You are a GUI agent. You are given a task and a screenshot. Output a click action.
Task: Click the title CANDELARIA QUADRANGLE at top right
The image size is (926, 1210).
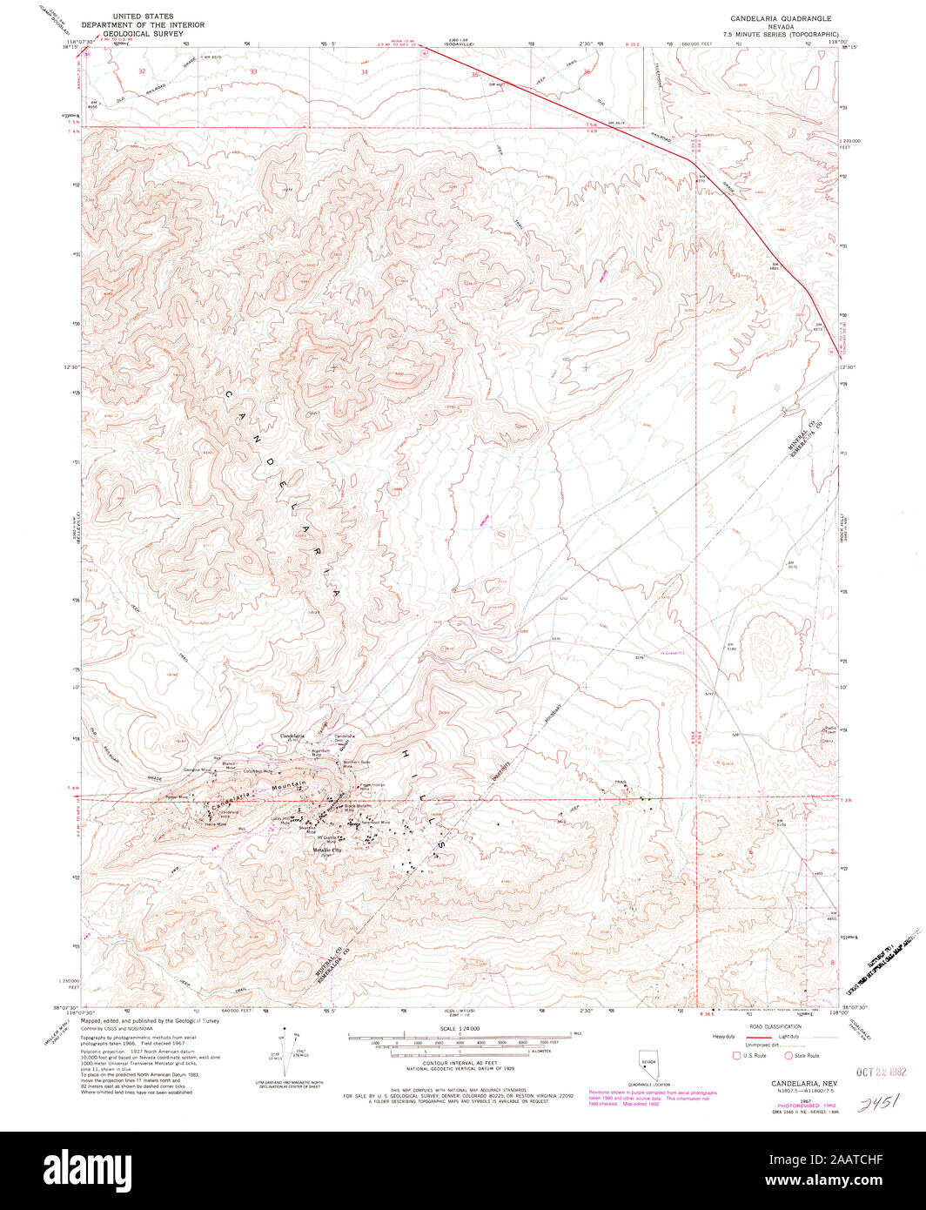pos(781,17)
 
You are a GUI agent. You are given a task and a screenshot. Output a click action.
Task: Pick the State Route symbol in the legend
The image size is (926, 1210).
pos(788,1056)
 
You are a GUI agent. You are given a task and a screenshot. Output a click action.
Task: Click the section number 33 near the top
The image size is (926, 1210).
pos(254,71)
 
